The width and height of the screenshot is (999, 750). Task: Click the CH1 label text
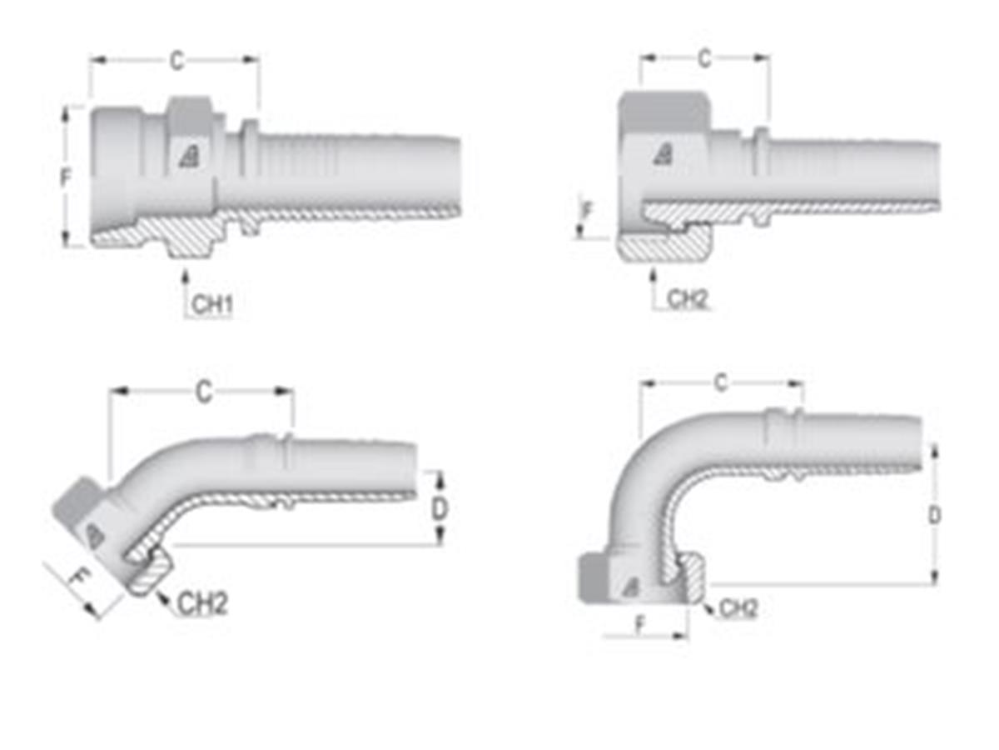[211, 305]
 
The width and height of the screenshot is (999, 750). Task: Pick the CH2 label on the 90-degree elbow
[738, 609]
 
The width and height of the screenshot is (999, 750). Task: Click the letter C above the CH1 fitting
[176, 61]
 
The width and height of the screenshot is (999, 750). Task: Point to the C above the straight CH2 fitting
[704, 59]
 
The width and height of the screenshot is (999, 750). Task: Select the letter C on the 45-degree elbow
[203, 392]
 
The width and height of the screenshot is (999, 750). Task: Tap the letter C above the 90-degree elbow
[721, 383]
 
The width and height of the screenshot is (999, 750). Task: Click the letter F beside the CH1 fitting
[66, 178]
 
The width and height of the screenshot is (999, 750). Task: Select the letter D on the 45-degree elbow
[440, 508]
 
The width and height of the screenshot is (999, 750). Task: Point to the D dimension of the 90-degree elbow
[935, 515]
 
